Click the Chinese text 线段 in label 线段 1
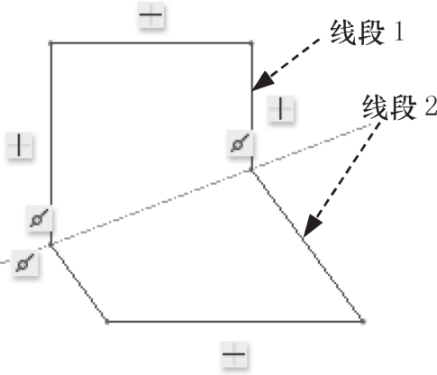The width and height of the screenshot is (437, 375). point(358,32)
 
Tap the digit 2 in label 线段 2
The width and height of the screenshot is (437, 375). point(432,106)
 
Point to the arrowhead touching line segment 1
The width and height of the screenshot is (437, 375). point(262,81)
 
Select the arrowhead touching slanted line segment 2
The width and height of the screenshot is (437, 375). point(312,225)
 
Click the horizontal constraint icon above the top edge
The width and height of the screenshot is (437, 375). point(151,15)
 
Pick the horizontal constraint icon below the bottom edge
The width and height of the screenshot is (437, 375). point(234,354)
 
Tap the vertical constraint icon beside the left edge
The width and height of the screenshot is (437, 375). point(20,145)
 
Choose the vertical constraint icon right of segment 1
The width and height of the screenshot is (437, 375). point(280,108)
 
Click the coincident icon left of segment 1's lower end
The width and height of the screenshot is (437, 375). point(240,143)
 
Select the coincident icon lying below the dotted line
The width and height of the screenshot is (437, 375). point(25,262)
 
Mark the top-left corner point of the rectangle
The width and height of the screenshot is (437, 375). point(50,43)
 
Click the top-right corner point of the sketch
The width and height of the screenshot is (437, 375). point(251,43)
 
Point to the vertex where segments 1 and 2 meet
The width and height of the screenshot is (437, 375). point(251,171)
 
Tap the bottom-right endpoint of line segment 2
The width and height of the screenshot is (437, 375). point(363,322)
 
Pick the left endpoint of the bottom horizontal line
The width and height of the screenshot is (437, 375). point(107,322)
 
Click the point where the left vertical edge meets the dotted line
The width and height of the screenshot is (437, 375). point(50,246)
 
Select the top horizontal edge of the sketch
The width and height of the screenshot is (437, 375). point(151,43)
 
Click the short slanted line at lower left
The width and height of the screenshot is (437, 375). point(78,284)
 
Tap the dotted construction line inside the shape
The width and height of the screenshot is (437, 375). point(151,208)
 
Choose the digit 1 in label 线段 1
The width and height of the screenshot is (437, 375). point(399,32)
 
